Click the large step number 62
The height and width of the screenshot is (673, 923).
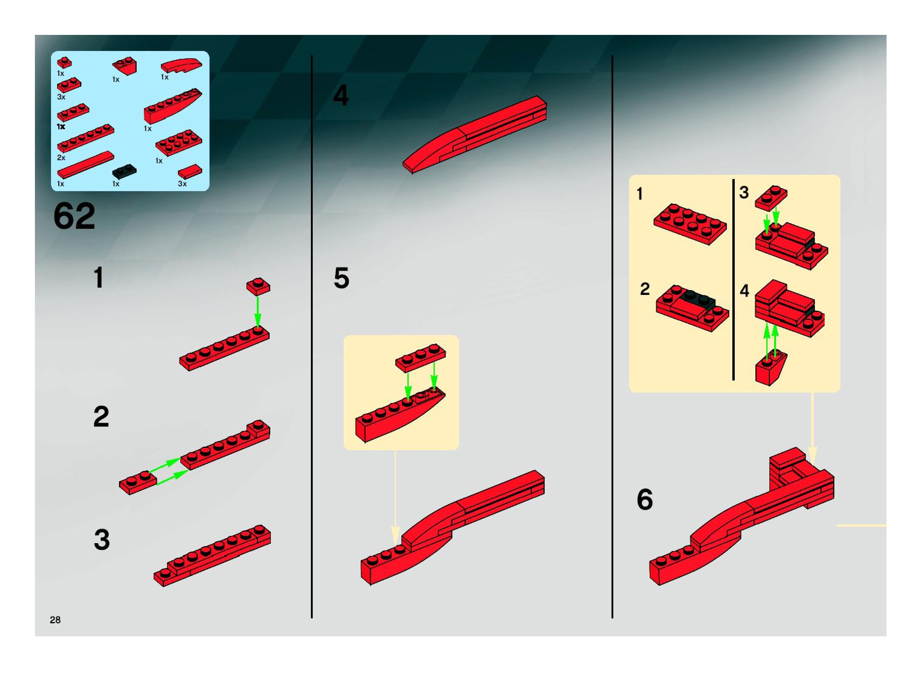pyautogui.click(x=74, y=216)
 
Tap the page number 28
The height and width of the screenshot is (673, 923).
pyautogui.click(x=55, y=620)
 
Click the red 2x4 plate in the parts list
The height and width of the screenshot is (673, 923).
pyautogui.click(x=179, y=143)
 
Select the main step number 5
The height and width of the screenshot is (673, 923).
pyautogui.click(x=342, y=278)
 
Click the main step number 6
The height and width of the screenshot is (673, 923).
pyautogui.click(x=645, y=499)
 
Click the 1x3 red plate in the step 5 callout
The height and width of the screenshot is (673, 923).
pyautogui.click(x=420, y=357)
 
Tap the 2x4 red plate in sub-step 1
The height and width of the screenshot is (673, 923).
pyautogui.click(x=690, y=224)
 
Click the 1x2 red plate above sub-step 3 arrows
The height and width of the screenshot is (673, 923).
pyautogui.click(x=771, y=198)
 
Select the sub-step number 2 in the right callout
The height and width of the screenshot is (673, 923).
pyautogui.click(x=645, y=289)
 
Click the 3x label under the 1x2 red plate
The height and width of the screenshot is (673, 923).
pyautogui.click(x=61, y=97)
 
